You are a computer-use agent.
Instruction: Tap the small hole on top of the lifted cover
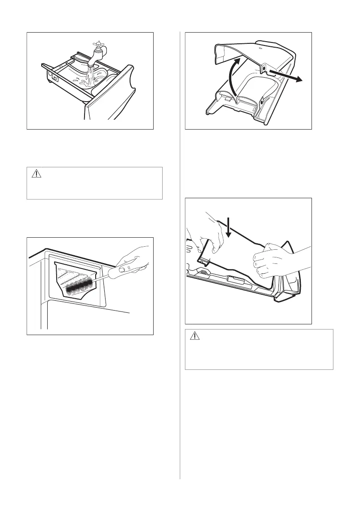pos(260,49)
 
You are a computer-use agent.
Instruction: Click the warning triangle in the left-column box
pos(36,174)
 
